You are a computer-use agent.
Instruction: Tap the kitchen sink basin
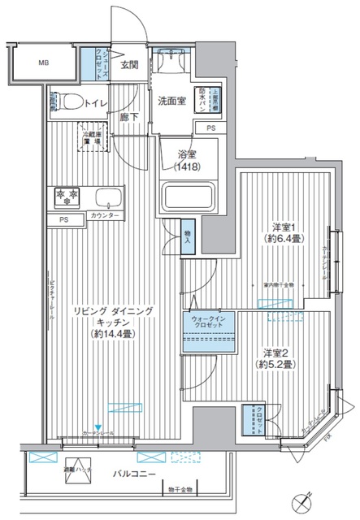pyautogui.click(x=106, y=197)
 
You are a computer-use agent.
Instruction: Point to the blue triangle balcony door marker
pyautogui.click(x=98, y=428)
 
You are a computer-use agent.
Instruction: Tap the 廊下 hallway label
pyautogui.click(x=127, y=115)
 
